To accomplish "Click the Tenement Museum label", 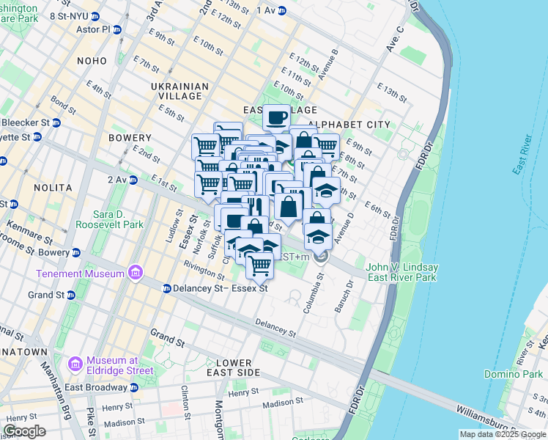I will (x=79, y=274).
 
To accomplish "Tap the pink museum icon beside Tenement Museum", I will (x=134, y=274).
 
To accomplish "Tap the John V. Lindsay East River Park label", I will (x=401, y=272).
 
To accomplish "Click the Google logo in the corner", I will (x=24, y=431).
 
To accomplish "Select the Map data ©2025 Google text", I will (x=503, y=434).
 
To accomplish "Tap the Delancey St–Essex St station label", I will (x=221, y=288).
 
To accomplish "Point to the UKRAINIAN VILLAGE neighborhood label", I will (x=179, y=91).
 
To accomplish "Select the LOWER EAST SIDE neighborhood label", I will (x=234, y=367).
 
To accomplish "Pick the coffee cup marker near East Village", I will (x=276, y=117).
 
